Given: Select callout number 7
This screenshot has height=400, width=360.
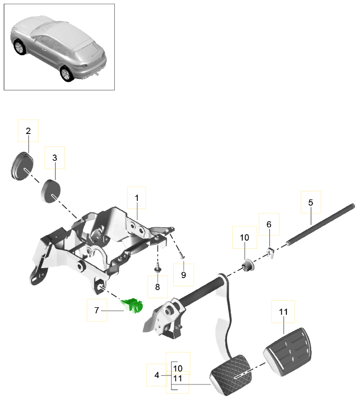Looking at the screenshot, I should (x=97, y=309).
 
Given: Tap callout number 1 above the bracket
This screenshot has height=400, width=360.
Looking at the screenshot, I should (x=137, y=198).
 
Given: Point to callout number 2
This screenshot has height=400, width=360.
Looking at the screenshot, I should (x=28, y=130).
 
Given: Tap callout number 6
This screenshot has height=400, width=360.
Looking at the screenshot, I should (x=269, y=225).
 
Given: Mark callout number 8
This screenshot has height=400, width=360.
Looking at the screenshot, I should (x=157, y=287).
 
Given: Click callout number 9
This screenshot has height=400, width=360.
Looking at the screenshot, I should (x=183, y=275).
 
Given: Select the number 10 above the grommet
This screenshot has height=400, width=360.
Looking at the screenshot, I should (x=244, y=236).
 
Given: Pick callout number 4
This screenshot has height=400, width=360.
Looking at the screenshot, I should (x=157, y=375).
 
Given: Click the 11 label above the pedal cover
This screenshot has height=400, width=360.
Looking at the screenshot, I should (x=283, y=312).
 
